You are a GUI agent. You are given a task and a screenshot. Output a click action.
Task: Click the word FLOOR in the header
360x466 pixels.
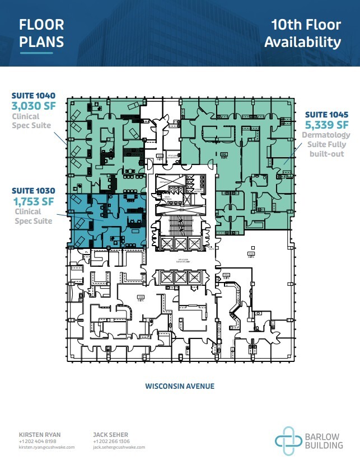pyautogui.click(x=41, y=25)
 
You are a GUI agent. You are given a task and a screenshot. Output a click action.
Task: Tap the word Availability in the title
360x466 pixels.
pyautogui.click(x=302, y=42)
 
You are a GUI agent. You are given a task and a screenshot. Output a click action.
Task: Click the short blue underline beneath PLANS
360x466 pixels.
pyautogui.click(x=36, y=54)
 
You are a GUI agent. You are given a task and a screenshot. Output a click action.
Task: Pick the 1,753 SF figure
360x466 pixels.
pyautogui.click(x=32, y=201)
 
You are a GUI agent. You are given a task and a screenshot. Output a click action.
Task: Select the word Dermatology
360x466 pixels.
pyautogui.click(x=326, y=135)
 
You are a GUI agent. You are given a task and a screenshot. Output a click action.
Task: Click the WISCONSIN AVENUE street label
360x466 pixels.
pyautogui.click(x=180, y=386)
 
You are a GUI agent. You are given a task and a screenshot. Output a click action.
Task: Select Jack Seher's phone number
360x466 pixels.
pyautogui.click(x=111, y=441)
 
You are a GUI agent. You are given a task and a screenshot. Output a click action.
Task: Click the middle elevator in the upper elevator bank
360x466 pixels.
pyautogui.click(x=180, y=243)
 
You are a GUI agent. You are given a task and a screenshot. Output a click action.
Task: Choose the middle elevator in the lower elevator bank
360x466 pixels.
pyautogui.click(x=180, y=277)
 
